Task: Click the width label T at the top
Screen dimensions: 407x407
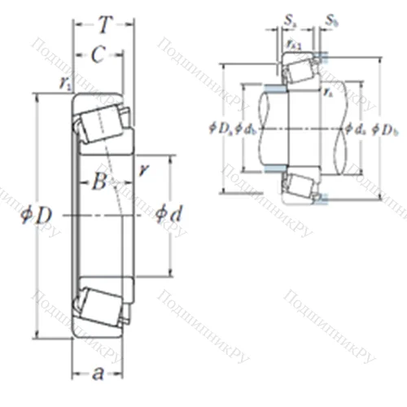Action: [x=103, y=26]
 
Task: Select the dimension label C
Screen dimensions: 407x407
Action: [x=96, y=55]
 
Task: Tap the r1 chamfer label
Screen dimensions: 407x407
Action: [x=64, y=82]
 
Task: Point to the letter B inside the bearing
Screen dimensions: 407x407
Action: [x=98, y=182]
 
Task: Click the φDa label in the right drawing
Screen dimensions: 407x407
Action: [x=221, y=127]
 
